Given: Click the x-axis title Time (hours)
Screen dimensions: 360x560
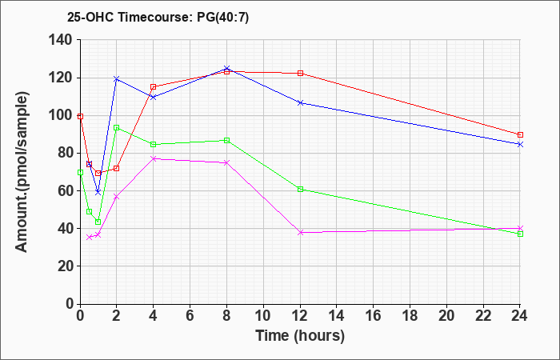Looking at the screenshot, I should click(300, 335).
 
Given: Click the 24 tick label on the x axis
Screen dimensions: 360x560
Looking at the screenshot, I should click(520, 316).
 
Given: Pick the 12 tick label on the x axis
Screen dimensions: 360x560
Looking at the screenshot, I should click(300, 316).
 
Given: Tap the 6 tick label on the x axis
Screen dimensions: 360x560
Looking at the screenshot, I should click(190, 316).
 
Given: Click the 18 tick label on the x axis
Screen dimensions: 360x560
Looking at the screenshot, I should click(410, 316).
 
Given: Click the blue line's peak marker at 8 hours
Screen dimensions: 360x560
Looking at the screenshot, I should click(226, 69).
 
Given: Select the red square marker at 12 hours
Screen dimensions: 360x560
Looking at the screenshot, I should click(300, 74).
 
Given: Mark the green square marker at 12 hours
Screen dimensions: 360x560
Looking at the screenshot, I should click(300, 189).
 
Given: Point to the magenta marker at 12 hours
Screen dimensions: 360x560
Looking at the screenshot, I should click(300, 232).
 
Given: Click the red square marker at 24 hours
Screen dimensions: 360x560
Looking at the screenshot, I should click(520, 135).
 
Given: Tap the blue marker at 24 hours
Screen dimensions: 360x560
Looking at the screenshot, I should click(520, 144).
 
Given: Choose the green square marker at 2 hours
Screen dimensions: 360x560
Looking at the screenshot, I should click(117, 128).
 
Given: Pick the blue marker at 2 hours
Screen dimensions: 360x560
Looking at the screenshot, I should click(117, 78).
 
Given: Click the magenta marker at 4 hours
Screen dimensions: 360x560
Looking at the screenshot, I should click(154, 158).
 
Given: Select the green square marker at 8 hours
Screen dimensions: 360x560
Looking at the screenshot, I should click(226, 141).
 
